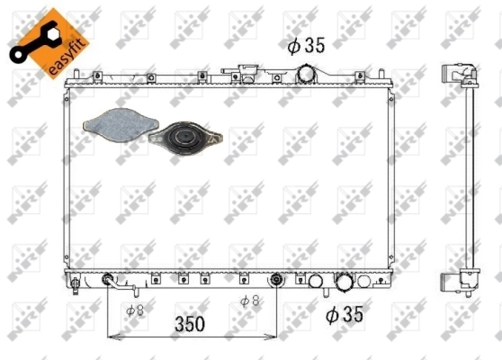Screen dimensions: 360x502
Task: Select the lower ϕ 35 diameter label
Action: pos(345,314)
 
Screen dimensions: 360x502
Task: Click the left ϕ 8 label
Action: pos(135,310)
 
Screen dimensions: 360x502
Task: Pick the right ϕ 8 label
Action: pos(249,300)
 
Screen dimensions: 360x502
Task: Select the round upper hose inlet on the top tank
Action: pos(308,74)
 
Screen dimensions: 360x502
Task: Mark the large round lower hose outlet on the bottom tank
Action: pos(345,283)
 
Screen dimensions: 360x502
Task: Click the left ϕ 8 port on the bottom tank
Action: pos(108,279)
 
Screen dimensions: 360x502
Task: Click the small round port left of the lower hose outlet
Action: pos(316,283)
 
